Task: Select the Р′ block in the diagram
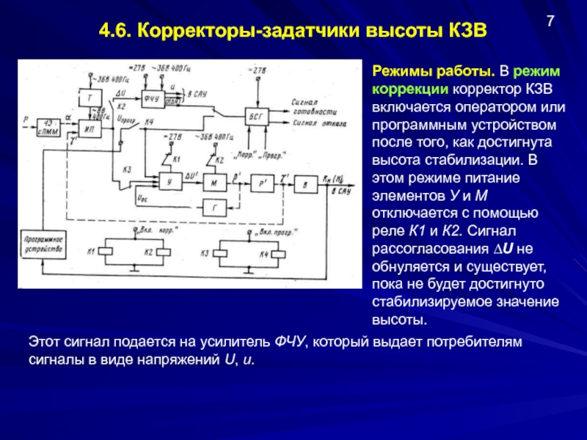(261, 183)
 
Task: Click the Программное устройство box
(43, 244)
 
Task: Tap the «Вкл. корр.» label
(136, 234)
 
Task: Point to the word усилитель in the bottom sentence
(237, 342)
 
